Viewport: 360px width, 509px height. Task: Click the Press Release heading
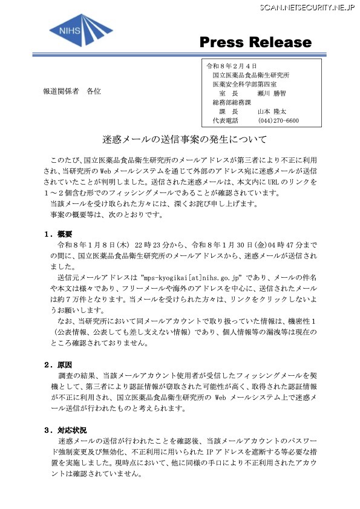255,43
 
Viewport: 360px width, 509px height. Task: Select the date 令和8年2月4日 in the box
233,65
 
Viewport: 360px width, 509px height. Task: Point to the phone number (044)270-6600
278,121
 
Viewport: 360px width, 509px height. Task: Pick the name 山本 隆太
272,112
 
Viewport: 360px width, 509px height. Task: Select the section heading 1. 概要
59,234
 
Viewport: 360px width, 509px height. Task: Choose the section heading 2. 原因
59,364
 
